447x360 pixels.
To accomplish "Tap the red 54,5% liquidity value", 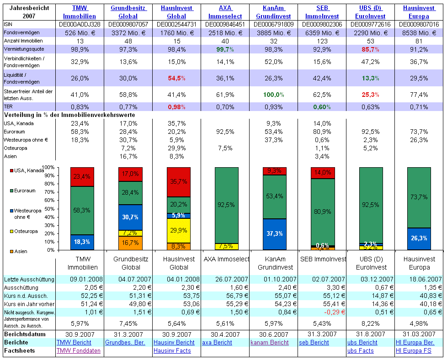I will coord(177,78).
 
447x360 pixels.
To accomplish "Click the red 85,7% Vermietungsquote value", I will coord(370,49).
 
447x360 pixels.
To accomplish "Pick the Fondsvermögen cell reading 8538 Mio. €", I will coord(419,33).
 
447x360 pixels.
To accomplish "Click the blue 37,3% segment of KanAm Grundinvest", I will coord(275,234).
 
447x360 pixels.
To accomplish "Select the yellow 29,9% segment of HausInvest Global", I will coord(179,230).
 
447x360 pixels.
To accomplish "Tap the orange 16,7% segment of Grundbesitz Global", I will coord(130,243).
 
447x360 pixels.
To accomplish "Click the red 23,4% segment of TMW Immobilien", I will coord(82,177).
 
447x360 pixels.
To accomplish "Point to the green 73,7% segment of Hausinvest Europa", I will coord(419,197).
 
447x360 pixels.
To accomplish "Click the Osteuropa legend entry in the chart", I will coord(26,231).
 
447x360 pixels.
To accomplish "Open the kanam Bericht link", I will coord(270,343).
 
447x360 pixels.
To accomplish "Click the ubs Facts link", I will coord(360,351).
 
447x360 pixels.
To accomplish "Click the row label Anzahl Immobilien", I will coord(23,41).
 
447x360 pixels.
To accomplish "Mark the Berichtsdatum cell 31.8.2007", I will coord(369,334).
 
